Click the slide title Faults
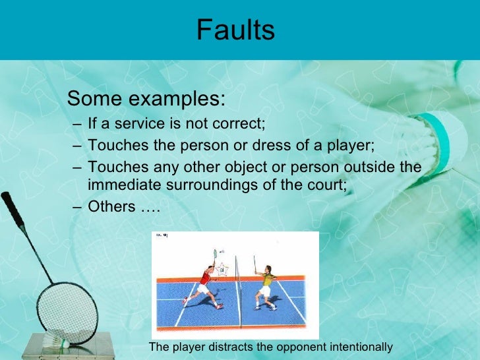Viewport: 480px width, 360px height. [x=235, y=30]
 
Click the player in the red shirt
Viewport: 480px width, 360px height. [x=205, y=283]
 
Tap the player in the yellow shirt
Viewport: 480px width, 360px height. [x=265, y=285]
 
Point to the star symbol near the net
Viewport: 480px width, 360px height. [x=222, y=269]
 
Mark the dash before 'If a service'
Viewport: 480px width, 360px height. [x=78, y=126]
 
